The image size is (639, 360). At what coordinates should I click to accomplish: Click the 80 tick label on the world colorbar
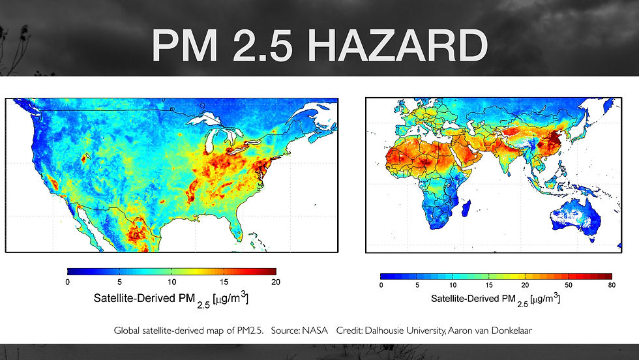point(611,285)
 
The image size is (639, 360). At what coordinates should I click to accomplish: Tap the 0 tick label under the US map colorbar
point(67,282)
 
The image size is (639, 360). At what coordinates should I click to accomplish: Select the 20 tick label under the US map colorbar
point(275,282)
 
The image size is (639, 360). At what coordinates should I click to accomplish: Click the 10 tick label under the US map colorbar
point(171,282)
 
